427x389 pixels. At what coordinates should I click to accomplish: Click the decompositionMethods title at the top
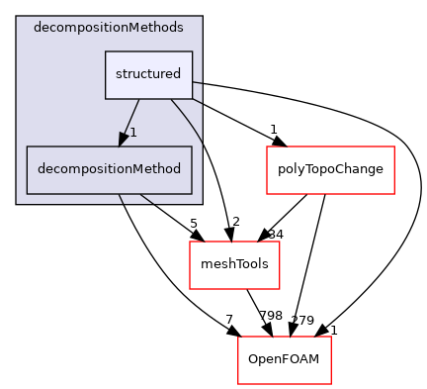pyautogui.click(x=109, y=27)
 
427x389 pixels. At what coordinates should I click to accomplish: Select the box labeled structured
pyautogui.click(x=148, y=74)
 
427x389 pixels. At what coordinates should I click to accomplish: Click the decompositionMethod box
pyautogui.click(x=109, y=169)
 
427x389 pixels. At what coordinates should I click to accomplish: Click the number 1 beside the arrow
pyautogui.click(x=133, y=133)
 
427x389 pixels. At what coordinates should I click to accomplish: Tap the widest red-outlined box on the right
pyautogui.click(x=330, y=170)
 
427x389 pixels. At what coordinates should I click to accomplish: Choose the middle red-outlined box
pyautogui.click(x=234, y=265)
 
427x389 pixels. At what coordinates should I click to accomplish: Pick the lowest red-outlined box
pyautogui.click(x=284, y=360)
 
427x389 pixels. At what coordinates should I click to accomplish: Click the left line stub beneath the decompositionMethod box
pyautogui.click(x=121, y=199)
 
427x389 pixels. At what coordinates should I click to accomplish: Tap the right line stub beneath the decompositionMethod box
pyautogui.click(x=146, y=199)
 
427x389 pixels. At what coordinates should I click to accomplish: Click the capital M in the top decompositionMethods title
pyautogui.click(x=134, y=27)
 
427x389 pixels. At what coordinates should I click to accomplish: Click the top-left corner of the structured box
pyautogui.click(x=106, y=51)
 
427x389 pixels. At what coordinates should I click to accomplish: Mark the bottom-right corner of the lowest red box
pyautogui.click(x=330, y=384)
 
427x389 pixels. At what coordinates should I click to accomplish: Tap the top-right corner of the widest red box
pyautogui.click(x=394, y=146)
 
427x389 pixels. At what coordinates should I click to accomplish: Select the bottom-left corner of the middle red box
pyautogui.click(x=190, y=289)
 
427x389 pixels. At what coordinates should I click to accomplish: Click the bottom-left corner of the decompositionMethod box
pyautogui.click(x=27, y=193)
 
